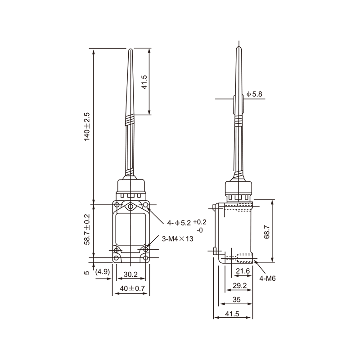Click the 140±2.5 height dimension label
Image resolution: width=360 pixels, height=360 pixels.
87,126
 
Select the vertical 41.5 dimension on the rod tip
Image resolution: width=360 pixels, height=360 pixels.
144,82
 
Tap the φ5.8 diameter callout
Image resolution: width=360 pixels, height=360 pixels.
254,94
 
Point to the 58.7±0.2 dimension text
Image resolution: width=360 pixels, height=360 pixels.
87,229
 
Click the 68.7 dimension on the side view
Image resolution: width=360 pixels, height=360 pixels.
266,232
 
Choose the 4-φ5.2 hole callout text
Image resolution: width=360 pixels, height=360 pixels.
179,223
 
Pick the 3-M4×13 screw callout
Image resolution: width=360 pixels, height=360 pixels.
177,239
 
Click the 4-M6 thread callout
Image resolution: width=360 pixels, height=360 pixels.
267,279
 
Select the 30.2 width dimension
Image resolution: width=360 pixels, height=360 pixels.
130,274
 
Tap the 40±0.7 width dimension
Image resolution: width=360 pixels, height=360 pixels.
132,288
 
